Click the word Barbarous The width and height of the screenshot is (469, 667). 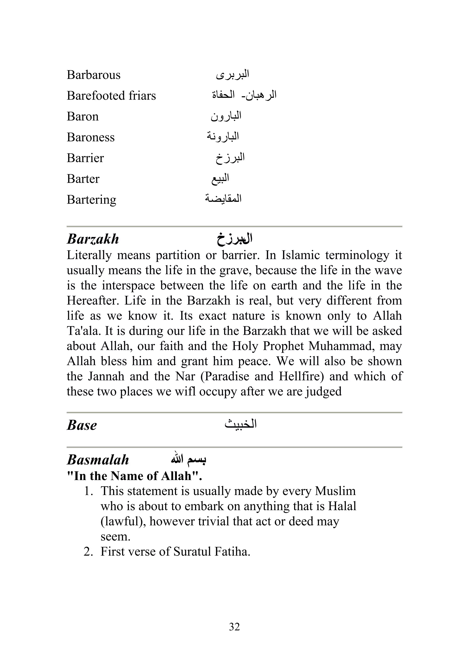(x=93, y=75)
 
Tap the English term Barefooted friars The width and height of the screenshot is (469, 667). (x=111, y=96)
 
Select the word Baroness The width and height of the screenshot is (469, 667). (x=90, y=137)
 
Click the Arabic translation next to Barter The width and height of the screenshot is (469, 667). (x=220, y=179)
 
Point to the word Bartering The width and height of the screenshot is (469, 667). (x=91, y=200)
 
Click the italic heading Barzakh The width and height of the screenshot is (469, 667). (x=93, y=239)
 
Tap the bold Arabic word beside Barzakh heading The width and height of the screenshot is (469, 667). (x=234, y=239)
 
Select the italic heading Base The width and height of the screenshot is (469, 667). (x=82, y=425)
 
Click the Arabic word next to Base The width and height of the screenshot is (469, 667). (x=241, y=424)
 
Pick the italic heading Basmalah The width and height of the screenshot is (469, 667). (x=98, y=460)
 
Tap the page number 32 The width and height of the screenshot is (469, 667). (x=234, y=627)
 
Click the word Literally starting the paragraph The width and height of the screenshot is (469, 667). (x=89, y=255)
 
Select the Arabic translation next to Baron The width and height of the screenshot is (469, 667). (x=226, y=116)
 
